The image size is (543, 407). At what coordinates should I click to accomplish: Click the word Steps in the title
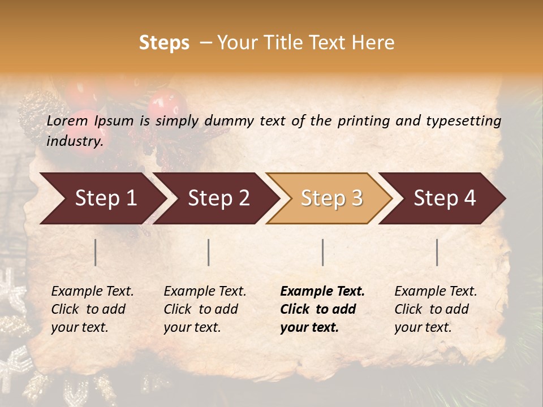click(164, 44)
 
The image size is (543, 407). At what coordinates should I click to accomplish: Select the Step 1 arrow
click(102, 198)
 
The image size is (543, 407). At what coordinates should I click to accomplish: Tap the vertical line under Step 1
click(96, 252)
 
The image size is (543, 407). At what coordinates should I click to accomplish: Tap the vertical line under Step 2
click(209, 252)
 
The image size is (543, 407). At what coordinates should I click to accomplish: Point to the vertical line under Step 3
click(322, 252)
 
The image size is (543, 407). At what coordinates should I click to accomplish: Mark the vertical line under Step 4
click(437, 252)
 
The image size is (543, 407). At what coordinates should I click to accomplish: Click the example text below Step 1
click(92, 309)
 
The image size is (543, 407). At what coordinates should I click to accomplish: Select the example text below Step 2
click(205, 309)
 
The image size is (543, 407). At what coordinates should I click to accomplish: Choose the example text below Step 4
click(436, 309)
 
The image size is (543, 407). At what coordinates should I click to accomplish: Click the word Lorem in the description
click(67, 120)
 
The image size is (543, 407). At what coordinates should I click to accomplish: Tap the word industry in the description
click(74, 141)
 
